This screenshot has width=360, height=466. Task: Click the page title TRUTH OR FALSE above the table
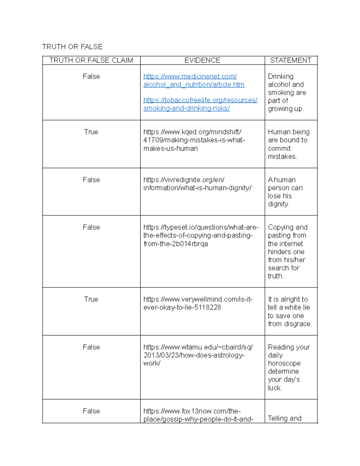coord(72,47)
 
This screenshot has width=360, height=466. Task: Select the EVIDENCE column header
coord(202,60)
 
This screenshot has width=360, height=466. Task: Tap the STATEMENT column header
coord(290,60)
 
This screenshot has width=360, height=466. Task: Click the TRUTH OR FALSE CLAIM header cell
coord(91,60)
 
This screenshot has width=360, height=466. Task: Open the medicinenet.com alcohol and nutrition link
coord(194,80)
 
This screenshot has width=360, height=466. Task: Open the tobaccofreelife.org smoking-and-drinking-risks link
coord(200,104)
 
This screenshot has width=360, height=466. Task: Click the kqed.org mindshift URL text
coord(194,140)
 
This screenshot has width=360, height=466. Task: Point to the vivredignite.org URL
coord(197,184)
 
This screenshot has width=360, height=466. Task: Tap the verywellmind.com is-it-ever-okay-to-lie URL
coord(198,303)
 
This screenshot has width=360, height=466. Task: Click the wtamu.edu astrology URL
coord(198,355)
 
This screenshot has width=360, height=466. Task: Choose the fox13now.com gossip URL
coord(198,415)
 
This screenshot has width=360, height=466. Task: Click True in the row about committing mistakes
coord(91,132)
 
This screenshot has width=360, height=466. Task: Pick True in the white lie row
coord(91,299)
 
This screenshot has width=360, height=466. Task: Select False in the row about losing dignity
coord(91,179)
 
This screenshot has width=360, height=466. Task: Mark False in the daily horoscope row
coord(91,347)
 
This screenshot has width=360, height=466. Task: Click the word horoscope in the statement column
coord(284,363)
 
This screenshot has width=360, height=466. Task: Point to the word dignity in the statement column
coord(278,204)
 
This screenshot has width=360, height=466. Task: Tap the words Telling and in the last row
coord(284,418)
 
